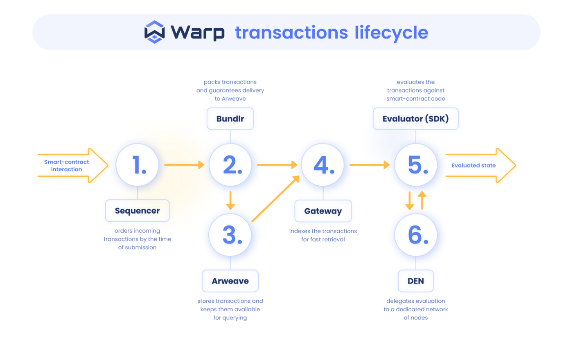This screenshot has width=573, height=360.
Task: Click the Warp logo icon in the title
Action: (155, 32)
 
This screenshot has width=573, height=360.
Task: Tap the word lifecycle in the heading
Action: (391, 32)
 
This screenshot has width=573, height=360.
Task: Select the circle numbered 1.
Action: (138, 165)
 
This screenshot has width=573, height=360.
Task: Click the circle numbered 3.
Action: (230, 235)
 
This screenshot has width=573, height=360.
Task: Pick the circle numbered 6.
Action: (416, 235)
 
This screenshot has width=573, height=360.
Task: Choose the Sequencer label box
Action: (138, 211)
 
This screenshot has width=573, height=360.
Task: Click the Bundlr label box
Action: (230, 119)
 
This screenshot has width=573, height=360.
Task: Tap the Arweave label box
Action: (230, 281)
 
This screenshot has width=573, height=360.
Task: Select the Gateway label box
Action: (323, 211)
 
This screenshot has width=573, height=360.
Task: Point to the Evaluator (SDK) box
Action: (416, 119)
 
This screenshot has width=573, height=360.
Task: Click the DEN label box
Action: (416, 281)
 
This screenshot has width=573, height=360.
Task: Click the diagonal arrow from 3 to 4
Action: (275, 199)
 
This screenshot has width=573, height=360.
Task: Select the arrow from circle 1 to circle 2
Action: (184, 165)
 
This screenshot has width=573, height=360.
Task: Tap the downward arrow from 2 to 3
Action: (230, 200)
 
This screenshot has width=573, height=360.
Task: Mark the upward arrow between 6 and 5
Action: (422, 200)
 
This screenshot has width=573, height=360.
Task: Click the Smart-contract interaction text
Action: (66, 166)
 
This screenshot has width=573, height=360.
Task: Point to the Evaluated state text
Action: (474, 166)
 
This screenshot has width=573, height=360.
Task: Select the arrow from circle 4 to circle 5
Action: (369, 165)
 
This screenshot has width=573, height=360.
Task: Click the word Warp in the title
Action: (198, 32)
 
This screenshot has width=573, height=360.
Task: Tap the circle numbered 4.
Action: (323, 165)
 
